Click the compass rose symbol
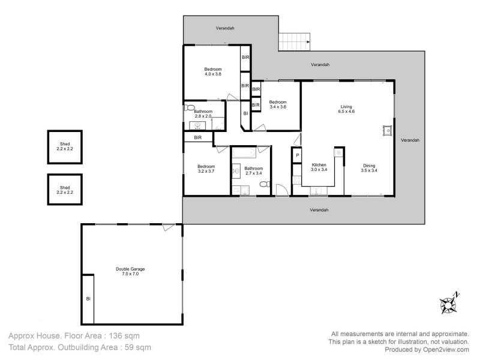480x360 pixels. pos(449,304)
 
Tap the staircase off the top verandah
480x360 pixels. pos(294,42)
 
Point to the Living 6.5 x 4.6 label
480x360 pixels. pos(347,109)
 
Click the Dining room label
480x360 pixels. pos(369,167)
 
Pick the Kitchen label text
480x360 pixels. pos(318,167)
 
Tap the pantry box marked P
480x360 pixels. pos(296,156)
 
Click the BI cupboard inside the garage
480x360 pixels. pos(88,298)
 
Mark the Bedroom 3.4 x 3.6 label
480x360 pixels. pos(277,104)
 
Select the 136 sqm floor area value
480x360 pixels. pos(125,336)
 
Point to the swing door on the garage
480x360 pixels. pos(169,228)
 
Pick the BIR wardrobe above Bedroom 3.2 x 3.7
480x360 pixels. pos(198,138)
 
